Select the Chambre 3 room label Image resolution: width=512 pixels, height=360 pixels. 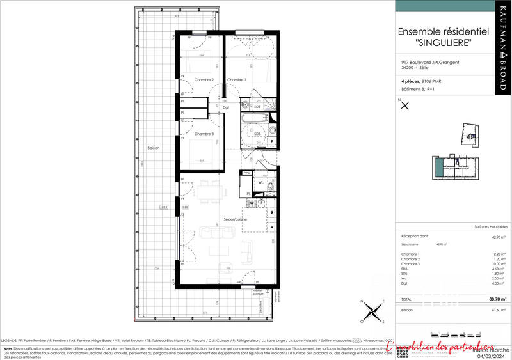tap(204, 134)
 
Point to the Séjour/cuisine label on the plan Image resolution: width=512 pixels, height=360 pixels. tap(234, 219)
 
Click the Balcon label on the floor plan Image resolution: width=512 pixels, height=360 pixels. tap(153, 148)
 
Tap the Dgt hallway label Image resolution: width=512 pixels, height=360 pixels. tap(226, 107)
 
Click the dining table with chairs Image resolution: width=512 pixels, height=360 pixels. tap(207, 191)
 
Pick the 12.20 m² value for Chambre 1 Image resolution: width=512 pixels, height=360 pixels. tap(500, 254)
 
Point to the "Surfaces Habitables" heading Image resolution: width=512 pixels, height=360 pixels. tap(490, 227)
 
